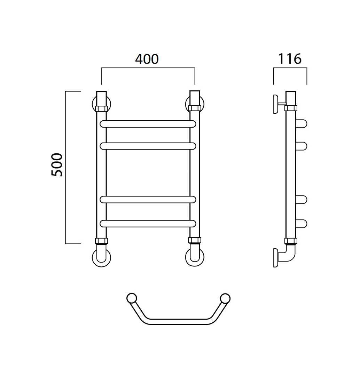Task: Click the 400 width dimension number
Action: click(x=147, y=59)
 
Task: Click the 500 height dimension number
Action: click(x=57, y=165)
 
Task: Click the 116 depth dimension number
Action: click(x=290, y=59)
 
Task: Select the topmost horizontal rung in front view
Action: click(x=148, y=124)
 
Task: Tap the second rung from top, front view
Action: click(x=148, y=146)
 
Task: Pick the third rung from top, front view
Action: click(x=148, y=200)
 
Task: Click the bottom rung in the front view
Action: click(x=148, y=224)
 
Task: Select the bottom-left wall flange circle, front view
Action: click(x=102, y=266)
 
